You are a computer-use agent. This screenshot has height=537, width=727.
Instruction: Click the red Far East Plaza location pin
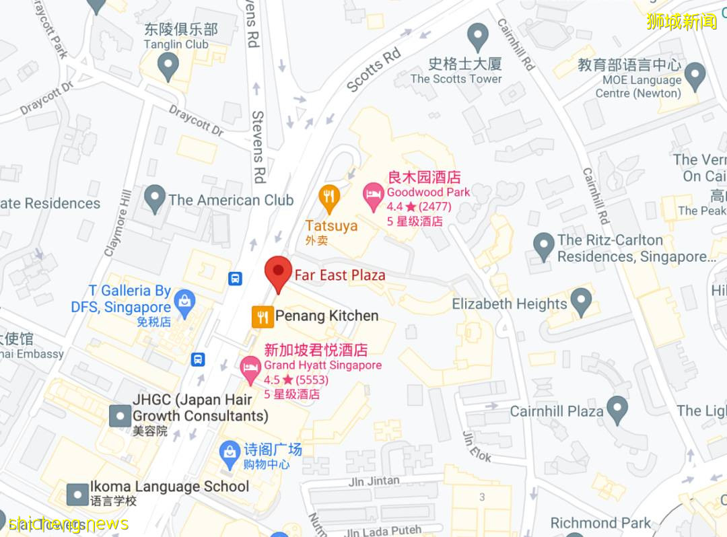pyautogui.click(x=278, y=272)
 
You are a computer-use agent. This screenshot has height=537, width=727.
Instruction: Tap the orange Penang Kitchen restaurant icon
pyautogui.click(x=263, y=316)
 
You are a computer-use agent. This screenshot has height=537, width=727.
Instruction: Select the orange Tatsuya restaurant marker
pyautogui.click(x=328, y=197)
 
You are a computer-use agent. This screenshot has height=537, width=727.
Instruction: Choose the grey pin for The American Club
pyautogui.click(x=155, y=199)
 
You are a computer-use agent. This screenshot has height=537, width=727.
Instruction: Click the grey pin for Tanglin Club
pyautogui.click(x=168, y=66)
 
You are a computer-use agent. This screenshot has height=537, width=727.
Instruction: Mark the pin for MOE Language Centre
pyautogui.click(x=694, y=76)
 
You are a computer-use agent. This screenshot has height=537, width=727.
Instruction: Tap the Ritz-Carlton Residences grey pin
pyautogui.click(x=543, y=246)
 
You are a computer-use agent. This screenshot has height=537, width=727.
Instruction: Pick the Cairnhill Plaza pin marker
pyautogui.click(x=617, y=410)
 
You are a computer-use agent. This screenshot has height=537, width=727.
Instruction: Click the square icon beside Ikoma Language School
pyautogui.click(x=78, y=494)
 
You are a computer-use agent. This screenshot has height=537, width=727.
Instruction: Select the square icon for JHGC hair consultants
pyautogui.click(x=120, y=415)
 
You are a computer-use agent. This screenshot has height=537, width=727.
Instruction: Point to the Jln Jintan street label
pyautogui.click(x=374, y=481)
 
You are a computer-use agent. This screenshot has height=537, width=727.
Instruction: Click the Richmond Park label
pyautogui.click(x=600, y=523)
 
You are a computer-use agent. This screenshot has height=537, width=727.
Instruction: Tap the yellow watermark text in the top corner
pyautogui.click(x=681, y=22)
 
